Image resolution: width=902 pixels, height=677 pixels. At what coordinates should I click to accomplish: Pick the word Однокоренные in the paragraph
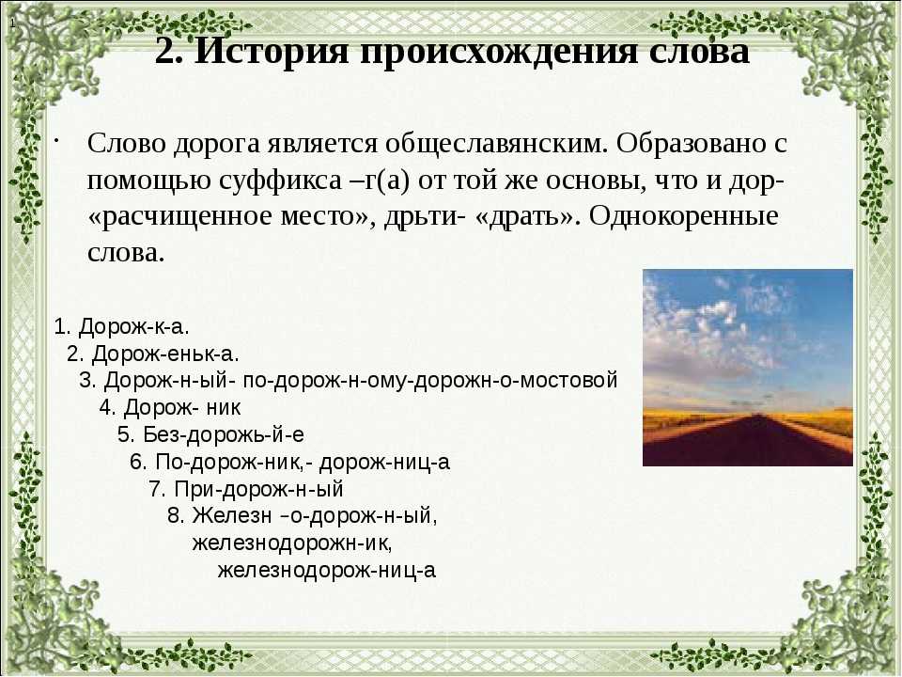[x=683, y=217]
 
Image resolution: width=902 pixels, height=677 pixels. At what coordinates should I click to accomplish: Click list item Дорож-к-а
[x=134, y=326]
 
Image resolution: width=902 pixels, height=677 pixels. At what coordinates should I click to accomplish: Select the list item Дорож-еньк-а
[x=165, y=354]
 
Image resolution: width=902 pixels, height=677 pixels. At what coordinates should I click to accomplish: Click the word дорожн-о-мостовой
[x=516, y=381]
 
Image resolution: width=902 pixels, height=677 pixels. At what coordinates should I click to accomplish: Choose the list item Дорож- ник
[x=182, y=407]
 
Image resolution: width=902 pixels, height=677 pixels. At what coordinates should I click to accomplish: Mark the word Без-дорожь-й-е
[x=224, y=434]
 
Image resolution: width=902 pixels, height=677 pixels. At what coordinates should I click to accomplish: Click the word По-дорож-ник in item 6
[x=231, y=463]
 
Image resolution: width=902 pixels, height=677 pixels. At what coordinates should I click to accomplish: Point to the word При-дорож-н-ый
[x=259, y=489]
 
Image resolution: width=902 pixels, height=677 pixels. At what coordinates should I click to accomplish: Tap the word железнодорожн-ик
[x=292, y=543]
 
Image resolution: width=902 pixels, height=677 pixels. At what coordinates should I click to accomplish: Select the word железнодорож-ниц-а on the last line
[x=327, y=570]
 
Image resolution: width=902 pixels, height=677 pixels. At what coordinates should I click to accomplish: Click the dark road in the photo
[x=748, y=443]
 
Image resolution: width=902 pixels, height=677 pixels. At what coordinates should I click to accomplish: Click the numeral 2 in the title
[x=164, y=52]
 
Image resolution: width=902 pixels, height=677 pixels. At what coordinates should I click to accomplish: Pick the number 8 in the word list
[x=175, y=516]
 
